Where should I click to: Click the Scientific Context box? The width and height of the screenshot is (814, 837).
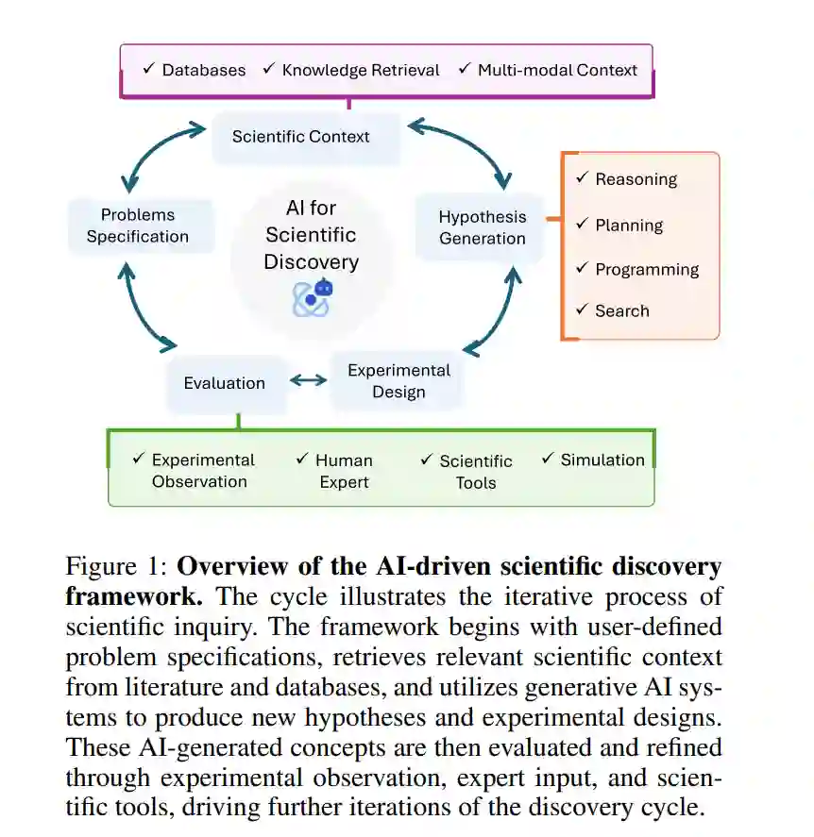point(301,137)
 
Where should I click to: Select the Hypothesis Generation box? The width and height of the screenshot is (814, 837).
point(482,227)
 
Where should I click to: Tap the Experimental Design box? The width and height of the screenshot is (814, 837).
point(399,381)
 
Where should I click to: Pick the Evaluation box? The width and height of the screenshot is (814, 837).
point(225,383)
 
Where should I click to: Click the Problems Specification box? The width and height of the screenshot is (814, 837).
point(138,226)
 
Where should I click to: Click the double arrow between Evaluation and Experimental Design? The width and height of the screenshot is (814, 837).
point(308,380)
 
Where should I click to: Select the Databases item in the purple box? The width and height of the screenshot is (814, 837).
point(203,70)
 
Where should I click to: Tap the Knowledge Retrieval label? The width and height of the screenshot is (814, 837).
point(361,70)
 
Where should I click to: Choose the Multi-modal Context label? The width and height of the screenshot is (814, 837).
point(557,70)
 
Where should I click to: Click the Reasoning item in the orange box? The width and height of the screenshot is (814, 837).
point(636,179)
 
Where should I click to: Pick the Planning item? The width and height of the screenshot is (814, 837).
point(629,226)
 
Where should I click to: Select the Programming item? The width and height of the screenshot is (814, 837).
point(647,269)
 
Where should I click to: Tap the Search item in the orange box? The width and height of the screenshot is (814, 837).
point(621,310)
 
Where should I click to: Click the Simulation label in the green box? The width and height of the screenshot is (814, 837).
point(602,460)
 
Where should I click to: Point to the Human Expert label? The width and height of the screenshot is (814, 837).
point(344,471)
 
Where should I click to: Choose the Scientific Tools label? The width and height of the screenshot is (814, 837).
point(476,472)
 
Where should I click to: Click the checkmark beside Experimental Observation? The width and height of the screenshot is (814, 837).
point(138,459)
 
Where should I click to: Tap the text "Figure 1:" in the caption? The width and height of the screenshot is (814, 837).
point(116,568)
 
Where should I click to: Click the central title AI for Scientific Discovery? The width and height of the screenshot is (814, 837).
point(311,234)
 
